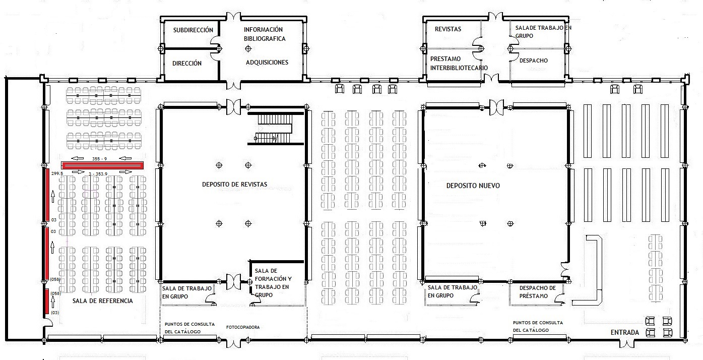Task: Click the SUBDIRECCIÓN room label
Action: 193,30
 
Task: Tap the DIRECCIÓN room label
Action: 187,64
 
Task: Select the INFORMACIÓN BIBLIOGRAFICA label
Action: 265,34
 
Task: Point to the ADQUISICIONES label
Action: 267,63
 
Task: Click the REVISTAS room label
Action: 448,29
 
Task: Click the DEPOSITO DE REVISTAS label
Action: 234,185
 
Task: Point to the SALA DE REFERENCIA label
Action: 103,301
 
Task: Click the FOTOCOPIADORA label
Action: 243,328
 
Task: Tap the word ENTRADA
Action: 625,333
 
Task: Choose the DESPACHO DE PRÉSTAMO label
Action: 537,292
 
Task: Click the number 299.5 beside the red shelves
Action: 57,173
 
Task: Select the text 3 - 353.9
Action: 98,173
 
